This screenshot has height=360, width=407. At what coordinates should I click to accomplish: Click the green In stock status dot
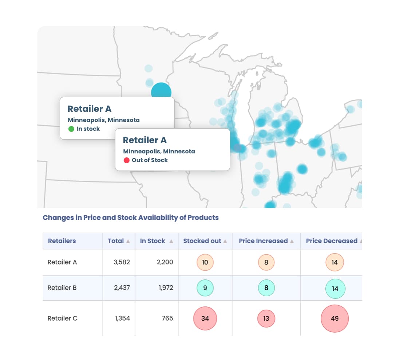(71, 129)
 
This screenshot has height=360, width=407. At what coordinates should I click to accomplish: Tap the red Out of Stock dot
(127, 160)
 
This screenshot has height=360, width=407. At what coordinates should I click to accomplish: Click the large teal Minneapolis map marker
(161, 91)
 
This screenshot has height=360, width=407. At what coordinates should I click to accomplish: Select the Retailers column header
(62, 241)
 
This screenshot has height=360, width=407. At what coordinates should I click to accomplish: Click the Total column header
(116, 241)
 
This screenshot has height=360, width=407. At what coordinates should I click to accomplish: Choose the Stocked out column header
(202, 241)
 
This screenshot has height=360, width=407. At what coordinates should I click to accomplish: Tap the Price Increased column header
(263, 241)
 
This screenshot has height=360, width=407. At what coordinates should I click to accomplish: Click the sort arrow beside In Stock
(171, 241)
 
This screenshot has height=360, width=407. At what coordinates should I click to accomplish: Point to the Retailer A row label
(62, 262)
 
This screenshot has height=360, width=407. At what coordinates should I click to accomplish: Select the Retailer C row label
(63, 318)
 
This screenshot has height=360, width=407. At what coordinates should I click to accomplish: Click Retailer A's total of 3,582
(122, 262)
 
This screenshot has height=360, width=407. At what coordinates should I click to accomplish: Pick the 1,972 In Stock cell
(166, 288)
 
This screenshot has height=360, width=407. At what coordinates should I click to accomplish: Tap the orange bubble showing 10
(205, 262)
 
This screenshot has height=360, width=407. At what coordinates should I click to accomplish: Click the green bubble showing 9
(205, 288)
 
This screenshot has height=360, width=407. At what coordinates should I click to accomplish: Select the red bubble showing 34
(205, 318)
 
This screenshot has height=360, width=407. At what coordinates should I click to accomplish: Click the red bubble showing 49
(335, 318)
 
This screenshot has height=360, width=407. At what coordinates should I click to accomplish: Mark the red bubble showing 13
(266, 318)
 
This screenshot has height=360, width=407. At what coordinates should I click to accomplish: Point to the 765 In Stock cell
(167, 318)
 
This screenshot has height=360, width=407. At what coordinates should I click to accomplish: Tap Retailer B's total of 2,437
(122, 288)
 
